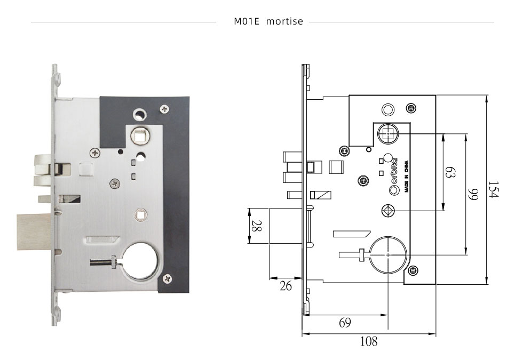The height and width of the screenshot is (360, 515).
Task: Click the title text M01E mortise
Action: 268,22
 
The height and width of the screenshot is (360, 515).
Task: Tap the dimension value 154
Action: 492,189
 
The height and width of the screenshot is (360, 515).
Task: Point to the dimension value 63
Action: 450,173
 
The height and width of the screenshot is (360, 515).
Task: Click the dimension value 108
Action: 368,341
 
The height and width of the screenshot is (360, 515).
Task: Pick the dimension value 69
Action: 345,322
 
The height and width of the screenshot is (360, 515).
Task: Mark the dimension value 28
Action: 256,226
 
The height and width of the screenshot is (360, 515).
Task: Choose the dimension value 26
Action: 286,286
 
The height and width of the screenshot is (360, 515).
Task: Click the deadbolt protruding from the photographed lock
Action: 33,233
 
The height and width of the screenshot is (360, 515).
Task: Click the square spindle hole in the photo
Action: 140,136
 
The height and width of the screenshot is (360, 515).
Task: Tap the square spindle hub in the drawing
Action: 387,134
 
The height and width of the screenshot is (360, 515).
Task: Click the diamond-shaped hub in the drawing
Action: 388,211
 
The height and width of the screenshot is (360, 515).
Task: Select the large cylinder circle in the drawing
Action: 387,255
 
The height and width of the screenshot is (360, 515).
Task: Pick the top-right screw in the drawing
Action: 411,109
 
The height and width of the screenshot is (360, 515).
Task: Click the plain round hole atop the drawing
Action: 387,109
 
